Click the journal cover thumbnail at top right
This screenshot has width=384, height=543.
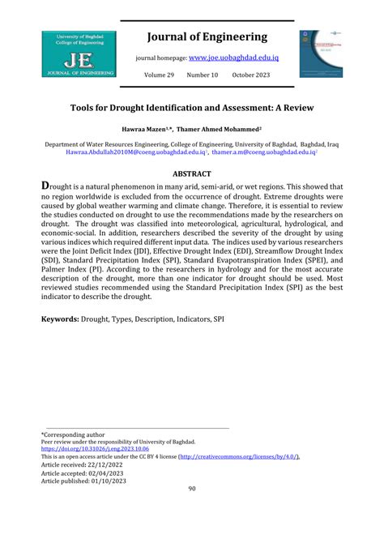click(x=321, y=54)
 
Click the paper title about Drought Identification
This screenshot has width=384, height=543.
click(x=192, y=107)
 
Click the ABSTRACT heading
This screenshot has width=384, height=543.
click(x=192, y=173)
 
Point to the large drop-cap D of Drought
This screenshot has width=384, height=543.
click(x=47, y=186)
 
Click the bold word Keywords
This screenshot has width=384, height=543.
click(x=60, y=319)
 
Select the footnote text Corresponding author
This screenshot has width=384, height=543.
click(x=77, y=434)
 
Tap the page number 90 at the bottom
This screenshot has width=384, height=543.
click(x=192, y=488)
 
